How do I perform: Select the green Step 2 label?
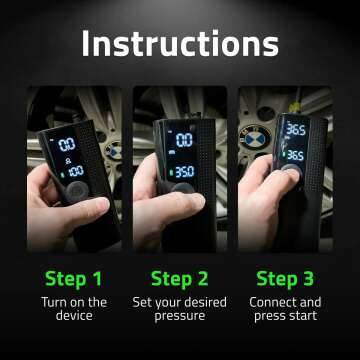coord(179,277)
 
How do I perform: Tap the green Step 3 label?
coord(285,277)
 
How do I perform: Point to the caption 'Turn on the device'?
coord(72,309)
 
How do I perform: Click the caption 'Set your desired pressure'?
coord(179,309)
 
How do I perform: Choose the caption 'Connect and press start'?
coord(285,309)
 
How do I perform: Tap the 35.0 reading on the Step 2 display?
coord(183,171)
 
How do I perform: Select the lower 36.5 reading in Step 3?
coord(294,156)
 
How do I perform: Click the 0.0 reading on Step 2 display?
coord(184,141)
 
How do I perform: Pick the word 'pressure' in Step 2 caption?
coord(179,317)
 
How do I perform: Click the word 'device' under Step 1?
coord(72,317)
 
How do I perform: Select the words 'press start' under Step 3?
coord(285,317)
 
